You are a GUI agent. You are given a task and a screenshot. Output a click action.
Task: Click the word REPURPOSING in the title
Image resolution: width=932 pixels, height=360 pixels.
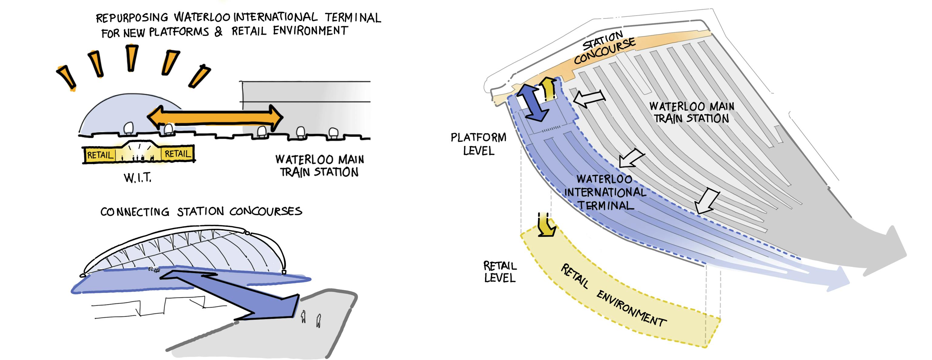click(x=132, y=18)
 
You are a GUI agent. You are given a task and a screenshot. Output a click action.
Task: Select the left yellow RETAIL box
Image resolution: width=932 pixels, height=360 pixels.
click(x=100, y=155)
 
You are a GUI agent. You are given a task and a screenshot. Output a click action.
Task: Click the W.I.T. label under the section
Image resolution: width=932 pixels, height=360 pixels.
click(x=137, y=178)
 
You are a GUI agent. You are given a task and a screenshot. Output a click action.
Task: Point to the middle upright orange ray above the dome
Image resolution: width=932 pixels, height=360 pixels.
click(x=132, y=58)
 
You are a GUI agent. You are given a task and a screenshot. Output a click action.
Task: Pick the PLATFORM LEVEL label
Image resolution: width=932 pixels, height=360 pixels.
click(x=478, y=144)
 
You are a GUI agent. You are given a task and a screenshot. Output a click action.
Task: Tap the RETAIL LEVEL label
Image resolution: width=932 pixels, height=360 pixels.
click(x=500, y=272)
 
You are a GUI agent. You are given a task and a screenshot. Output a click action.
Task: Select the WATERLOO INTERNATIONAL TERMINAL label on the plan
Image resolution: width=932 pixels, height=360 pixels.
click(x=605, y=192)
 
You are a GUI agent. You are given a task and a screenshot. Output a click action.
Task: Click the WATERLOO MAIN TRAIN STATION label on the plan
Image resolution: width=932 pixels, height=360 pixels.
click(x=691, y=113)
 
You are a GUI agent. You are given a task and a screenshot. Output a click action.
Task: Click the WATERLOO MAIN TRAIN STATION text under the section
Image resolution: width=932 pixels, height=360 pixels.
click(x=319, y=166)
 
